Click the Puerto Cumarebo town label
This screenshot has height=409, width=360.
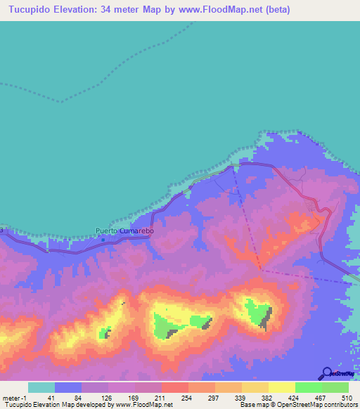[124, 231]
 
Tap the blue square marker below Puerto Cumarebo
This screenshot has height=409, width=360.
[103, 240]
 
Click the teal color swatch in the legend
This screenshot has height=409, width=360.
[41, 387]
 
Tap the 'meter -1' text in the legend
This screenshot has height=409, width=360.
[14, 398]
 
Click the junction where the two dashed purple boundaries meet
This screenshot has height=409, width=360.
[262, 268]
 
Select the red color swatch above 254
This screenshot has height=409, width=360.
[174, 387]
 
